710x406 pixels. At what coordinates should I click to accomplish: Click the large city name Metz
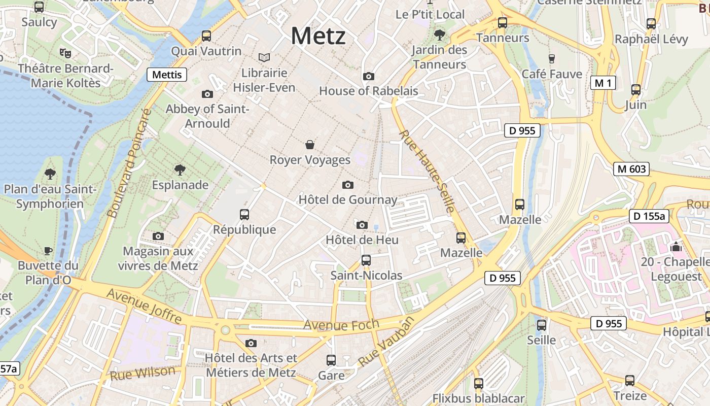pyautogui.click(x=318, y=36)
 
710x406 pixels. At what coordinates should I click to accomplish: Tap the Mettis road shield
pyautogui.click(x=167, y=75)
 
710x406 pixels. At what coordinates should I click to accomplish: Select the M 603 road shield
pyautogui.click(x=631, y=169)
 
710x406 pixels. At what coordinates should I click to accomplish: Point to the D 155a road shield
pyautogui.click(x=649, y=216)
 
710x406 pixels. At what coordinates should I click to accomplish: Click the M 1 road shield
pyautogui.click(x=603, y=83)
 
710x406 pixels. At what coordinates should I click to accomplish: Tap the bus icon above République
pyautogui.click(x=244, y=215)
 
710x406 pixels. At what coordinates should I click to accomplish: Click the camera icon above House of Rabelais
pyautogui.click(x=369, y=77)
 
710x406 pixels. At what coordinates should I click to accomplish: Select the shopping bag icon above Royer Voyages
pyautogui.click(x=310, y=145)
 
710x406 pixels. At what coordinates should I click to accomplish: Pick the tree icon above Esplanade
pyautogui.click(x=180, y=170)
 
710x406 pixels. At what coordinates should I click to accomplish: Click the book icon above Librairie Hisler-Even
pyautogui.click(x=264, y=58)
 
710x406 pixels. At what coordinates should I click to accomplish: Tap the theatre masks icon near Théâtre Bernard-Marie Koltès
pyautogui.click(x=65, y=53)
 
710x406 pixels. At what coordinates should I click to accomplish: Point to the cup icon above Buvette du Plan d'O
pyautogui.click(x=48, y=251)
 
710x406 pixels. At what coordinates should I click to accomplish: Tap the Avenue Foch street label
pyautogui.click(x=341, y=325)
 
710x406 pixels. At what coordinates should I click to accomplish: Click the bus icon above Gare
pyautogui.click(x=331, y=360)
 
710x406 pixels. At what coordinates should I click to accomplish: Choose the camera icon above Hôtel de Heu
pyautogui.click(x=362, y=225)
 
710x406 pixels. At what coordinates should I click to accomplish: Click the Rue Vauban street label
pyautogui.click(x=386, y=341)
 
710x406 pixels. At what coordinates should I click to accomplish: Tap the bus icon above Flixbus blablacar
pyautogui.click(x=478, y=384)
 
